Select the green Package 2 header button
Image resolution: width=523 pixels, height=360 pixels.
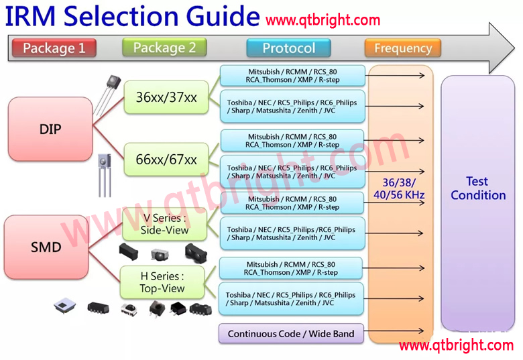point(164,48)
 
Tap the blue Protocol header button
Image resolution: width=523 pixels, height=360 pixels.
point(288,48)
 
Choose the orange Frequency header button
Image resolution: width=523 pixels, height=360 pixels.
point(402,48)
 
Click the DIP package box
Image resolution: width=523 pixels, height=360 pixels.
point(50,129)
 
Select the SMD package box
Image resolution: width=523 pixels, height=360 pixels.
point(46,247)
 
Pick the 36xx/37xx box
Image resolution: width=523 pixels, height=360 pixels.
point(166,97)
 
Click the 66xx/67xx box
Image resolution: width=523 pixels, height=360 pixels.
point(166,160)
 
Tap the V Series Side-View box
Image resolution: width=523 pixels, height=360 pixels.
point(164,224)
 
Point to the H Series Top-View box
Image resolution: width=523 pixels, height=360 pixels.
point(162,282)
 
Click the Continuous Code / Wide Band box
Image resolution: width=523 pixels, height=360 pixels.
point(290,334)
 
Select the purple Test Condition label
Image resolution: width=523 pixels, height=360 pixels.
point(478,188)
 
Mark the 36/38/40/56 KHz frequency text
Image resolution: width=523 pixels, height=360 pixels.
point(399,188)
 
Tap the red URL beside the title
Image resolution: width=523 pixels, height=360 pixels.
point(323,20)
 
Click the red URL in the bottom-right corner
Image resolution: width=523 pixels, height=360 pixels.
point(456,346)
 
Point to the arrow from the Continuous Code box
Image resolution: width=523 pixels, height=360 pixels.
point(396,331)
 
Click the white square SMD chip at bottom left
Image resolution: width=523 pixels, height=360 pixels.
point(65,306)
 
